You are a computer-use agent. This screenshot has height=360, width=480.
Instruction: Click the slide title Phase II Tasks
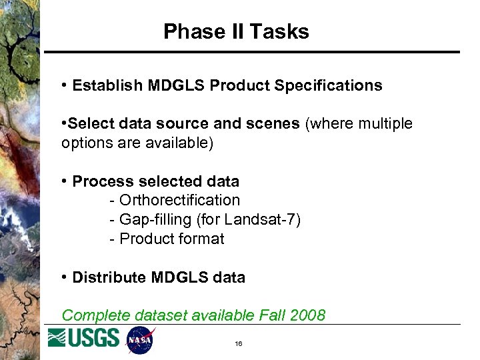pyautogui.click(x=236, y=31)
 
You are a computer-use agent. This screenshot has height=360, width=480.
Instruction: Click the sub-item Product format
pyautogui.click(x=171, y=239)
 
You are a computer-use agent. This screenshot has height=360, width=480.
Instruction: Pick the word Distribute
pyautogui.click(x=106, y=277)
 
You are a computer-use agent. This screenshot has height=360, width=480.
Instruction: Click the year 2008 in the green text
pyautogui.click(x=307, y=315)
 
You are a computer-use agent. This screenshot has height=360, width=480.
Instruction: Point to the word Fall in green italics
pyautogui.click(x=271, y=315)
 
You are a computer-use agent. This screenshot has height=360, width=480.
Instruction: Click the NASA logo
pyautogui.click(x=140, y=340)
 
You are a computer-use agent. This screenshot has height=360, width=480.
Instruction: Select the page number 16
pyautogui.click(x=238, y=344)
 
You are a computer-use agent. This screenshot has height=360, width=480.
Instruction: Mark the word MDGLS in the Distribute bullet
pyautogui.click(x=179, y=277)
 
